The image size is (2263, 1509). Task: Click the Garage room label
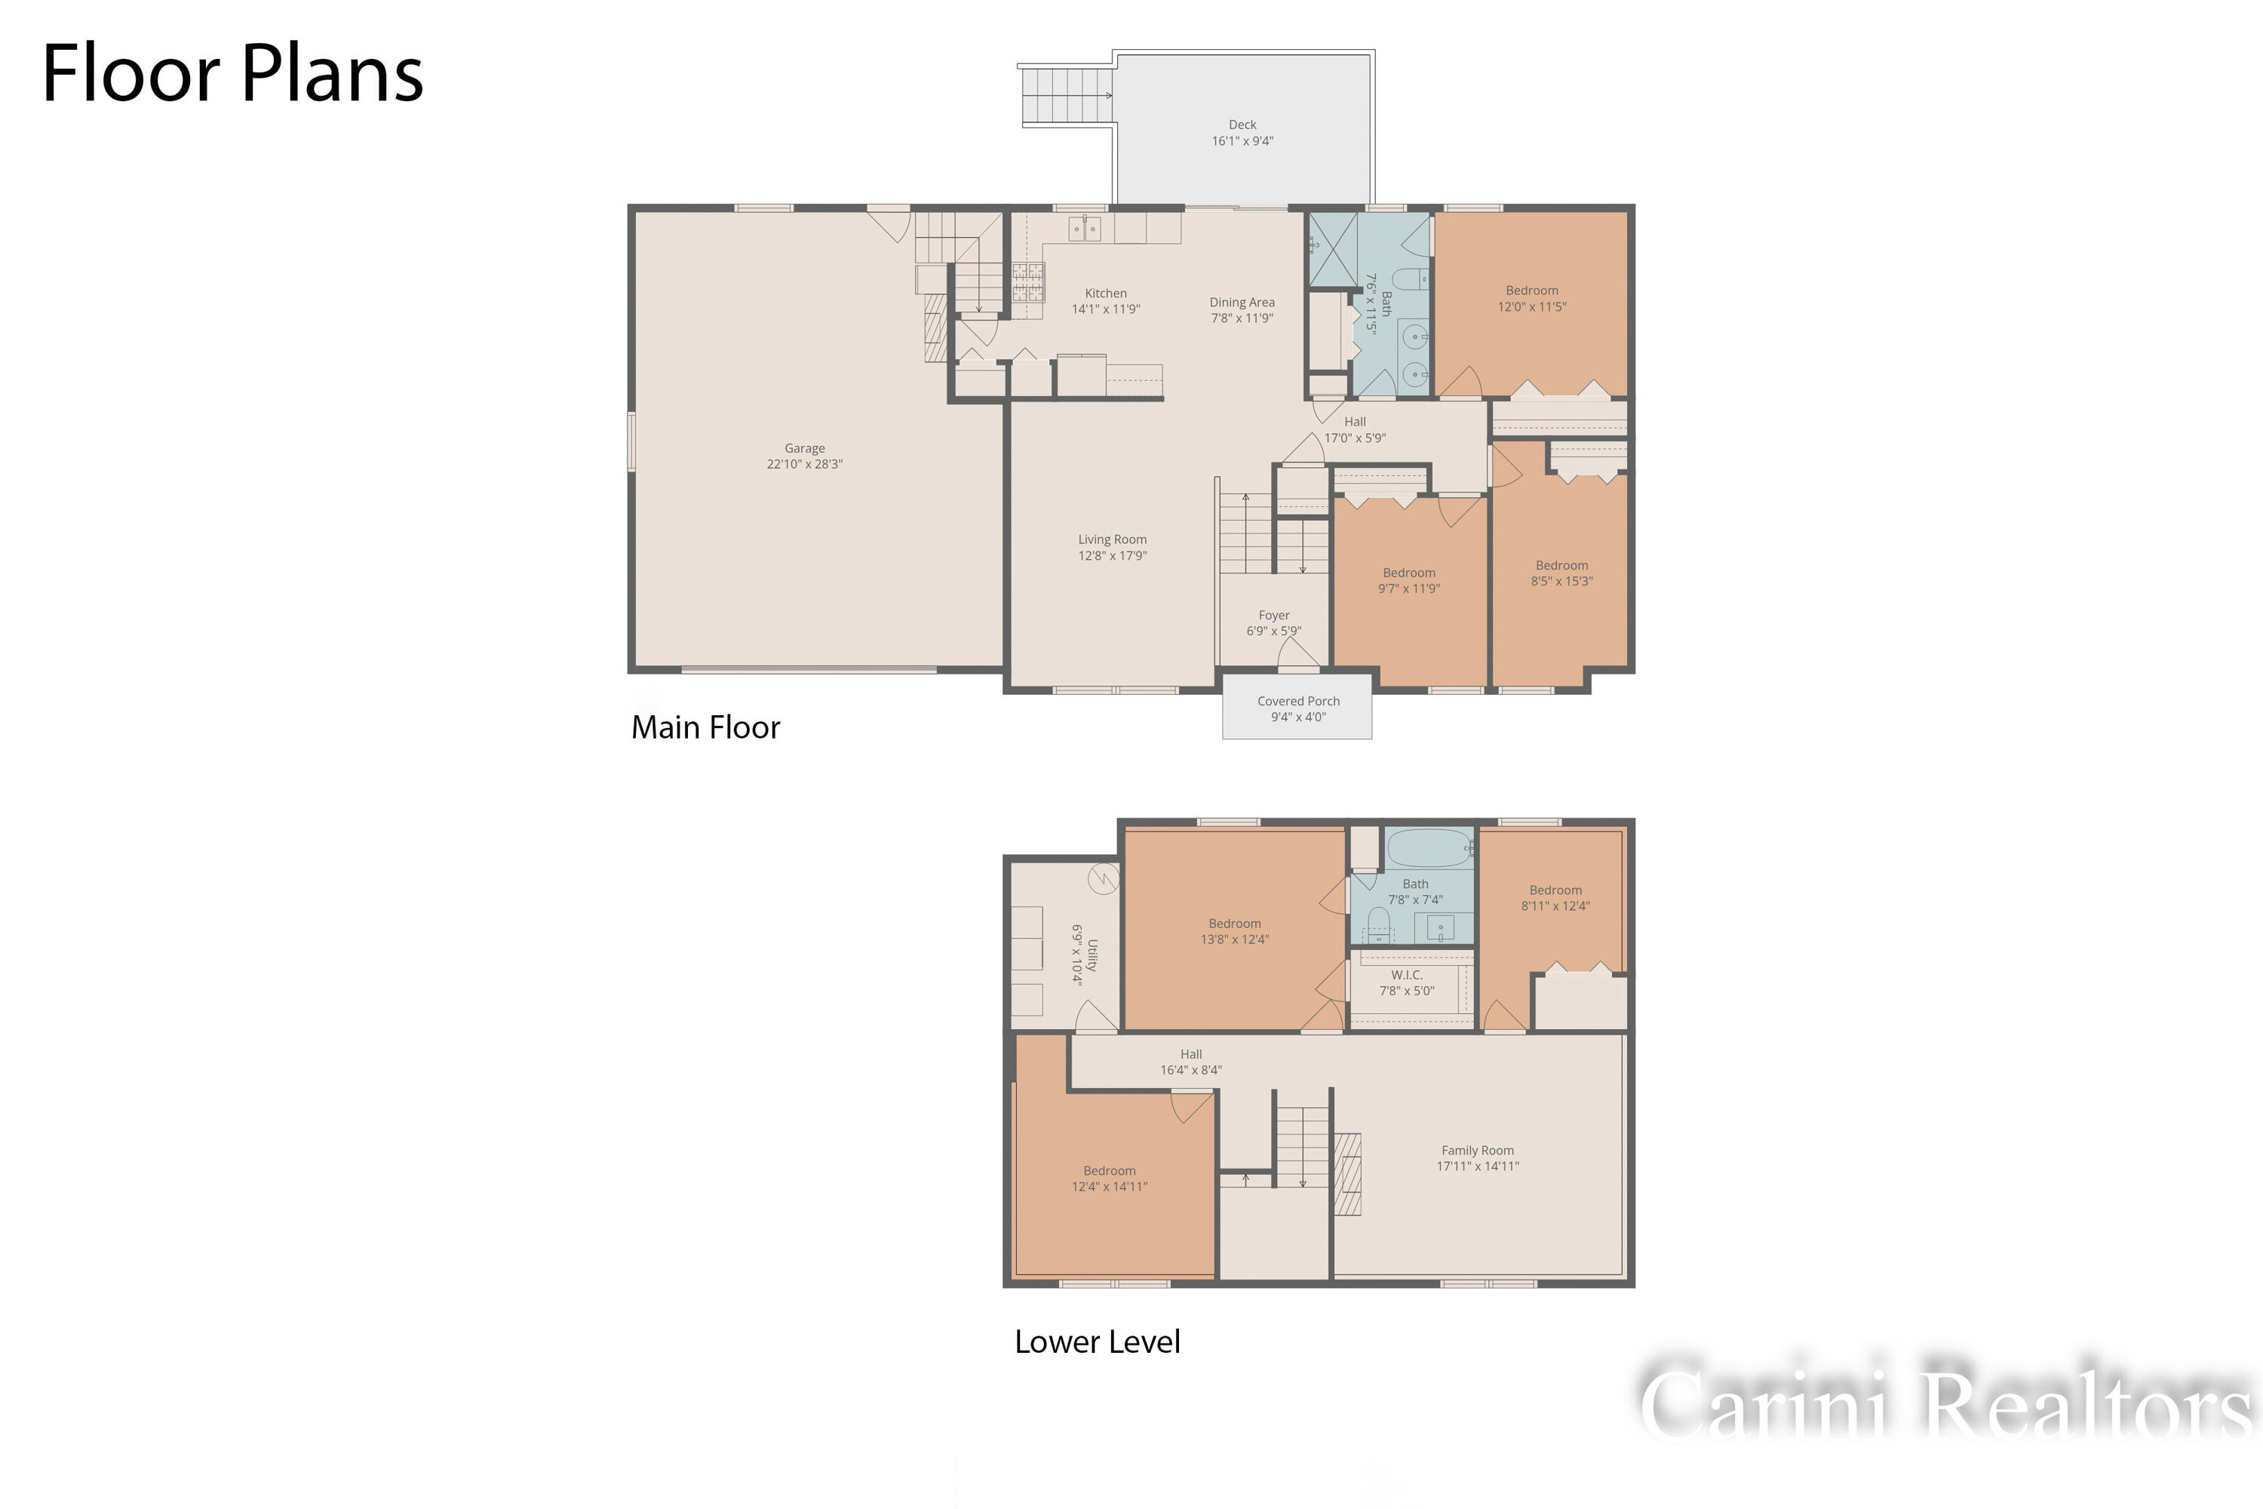[804, 448]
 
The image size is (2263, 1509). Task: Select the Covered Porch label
[1298, 702]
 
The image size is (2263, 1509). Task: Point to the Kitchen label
[1106, 294]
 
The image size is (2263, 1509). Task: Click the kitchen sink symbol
[1085, 229]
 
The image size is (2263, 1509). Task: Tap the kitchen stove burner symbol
[1027, 283]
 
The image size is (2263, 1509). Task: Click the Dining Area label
[1242, 303]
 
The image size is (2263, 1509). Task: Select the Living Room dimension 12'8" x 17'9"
[1112, 556]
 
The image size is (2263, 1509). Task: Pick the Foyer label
[1274, 616]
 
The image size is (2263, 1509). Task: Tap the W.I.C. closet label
[1407, 976]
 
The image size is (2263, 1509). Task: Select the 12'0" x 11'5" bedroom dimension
[1532, 307]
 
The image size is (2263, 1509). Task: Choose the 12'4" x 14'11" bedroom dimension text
[1110, 1188]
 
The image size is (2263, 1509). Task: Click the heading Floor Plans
[233, 73]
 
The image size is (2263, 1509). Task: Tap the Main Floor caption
[705, 727]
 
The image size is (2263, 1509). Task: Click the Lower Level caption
[1097, 1342]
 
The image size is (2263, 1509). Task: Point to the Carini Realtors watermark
[1945, 1401]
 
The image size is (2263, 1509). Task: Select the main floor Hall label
[1355, 422]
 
